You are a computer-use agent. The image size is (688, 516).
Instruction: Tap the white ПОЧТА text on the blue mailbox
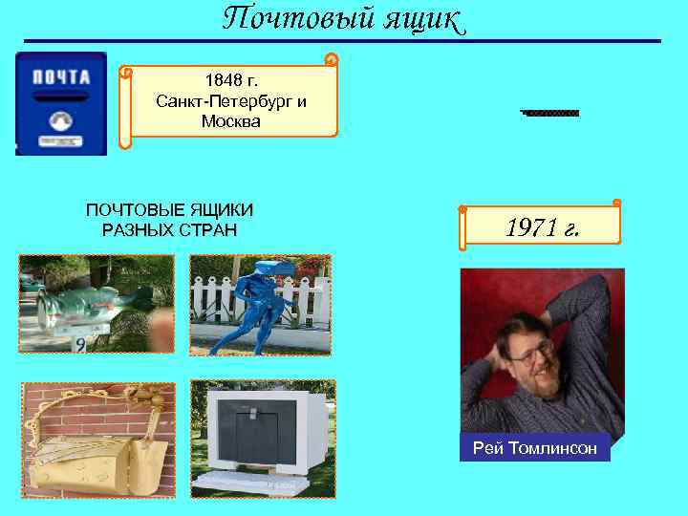(x=61, y=77)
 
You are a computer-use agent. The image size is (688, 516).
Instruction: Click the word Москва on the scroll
(x=229, y=120)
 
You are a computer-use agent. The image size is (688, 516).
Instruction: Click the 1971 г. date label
(x=541, y=228)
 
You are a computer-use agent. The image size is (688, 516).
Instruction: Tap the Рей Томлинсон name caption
(x=534, y=448)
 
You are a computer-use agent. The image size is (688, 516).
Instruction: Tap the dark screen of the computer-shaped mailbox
(x=258, y=425)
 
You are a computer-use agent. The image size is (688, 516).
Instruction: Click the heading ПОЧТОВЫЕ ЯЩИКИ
(x=170, y=210)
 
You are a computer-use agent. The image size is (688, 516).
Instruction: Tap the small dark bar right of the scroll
(x=550, y=113)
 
